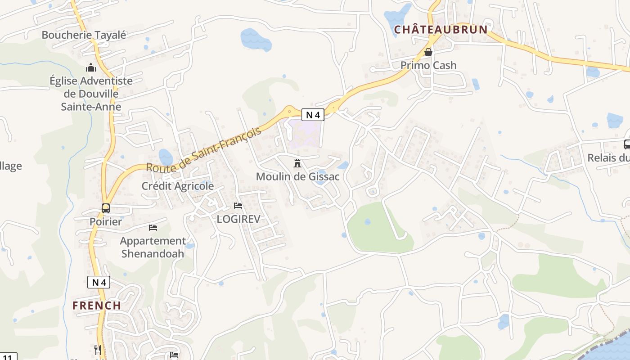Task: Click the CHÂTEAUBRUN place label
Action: (441, 30)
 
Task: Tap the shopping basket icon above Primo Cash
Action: (428, 52)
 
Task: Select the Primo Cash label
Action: (428, 65)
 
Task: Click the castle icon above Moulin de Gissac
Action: (297, 163)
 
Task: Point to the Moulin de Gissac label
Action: (297, 176)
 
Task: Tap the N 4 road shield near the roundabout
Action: (313, 115)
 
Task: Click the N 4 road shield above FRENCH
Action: (99, 282)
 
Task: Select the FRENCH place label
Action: (97, 305)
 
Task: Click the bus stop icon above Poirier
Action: (106, 208)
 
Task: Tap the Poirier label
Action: (106, 221)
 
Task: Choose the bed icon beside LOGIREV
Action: (238, 206)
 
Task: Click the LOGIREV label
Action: (238, 219)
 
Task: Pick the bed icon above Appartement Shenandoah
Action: (153, 228)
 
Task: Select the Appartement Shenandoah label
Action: (153, 247)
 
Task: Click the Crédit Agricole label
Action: (178, 186)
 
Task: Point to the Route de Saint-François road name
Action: (204, 150)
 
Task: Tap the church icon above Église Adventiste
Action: (91, 68)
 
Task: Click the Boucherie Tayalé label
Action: (84, 35)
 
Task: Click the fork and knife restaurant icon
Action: (98, 350)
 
